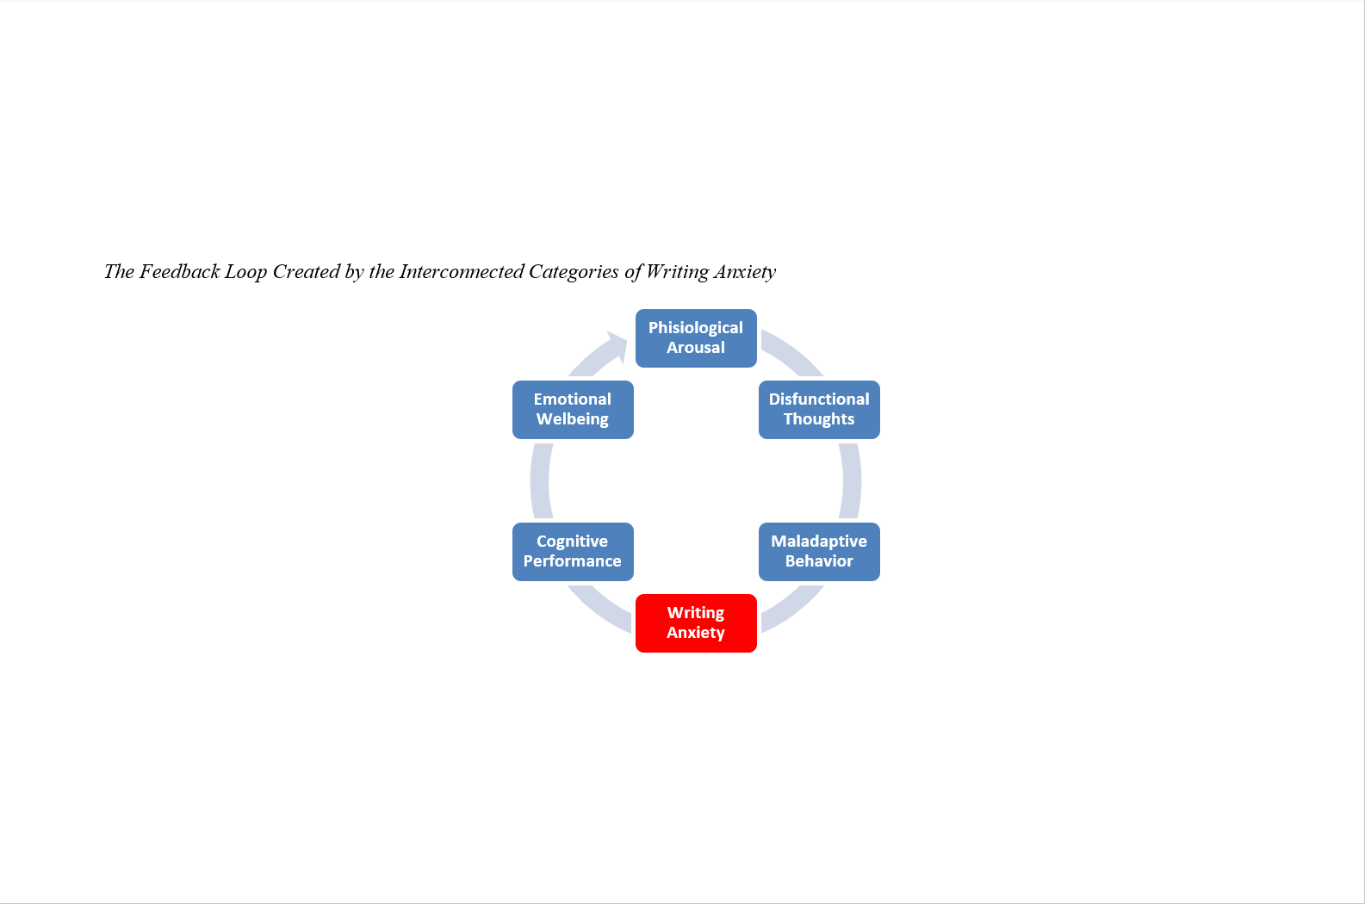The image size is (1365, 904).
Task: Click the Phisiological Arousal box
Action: click(696, 337)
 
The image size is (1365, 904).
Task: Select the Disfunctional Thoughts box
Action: click(819, 409)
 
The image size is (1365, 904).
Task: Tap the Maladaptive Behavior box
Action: click(819, 551)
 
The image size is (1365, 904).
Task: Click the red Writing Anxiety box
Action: click(696, 622)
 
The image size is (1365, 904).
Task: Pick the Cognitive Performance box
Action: click(573, 551)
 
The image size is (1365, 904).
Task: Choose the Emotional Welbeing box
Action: click(573, 409)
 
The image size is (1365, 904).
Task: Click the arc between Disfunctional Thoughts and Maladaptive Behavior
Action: click(851, 480)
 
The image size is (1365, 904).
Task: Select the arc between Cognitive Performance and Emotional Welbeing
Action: click(541, 480)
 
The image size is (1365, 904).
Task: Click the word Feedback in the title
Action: click(180, 272)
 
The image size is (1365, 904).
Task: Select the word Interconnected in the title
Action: click(462, 272)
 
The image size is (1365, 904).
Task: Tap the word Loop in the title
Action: click(245, 272)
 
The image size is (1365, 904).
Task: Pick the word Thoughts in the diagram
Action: click(819, 419)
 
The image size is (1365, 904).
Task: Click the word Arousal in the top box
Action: click(696, 348)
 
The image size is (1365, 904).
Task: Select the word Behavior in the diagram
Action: click(819, 561)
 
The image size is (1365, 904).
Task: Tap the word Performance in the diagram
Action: click(573, 561)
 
